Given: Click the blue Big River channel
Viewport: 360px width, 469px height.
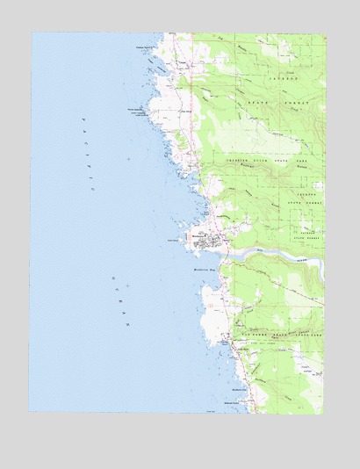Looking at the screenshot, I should [x=272, y=256].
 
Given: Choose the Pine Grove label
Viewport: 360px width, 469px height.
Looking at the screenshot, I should [x=185, y=112].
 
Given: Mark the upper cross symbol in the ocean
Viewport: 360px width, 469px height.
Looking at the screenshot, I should [x=128, y=159].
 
